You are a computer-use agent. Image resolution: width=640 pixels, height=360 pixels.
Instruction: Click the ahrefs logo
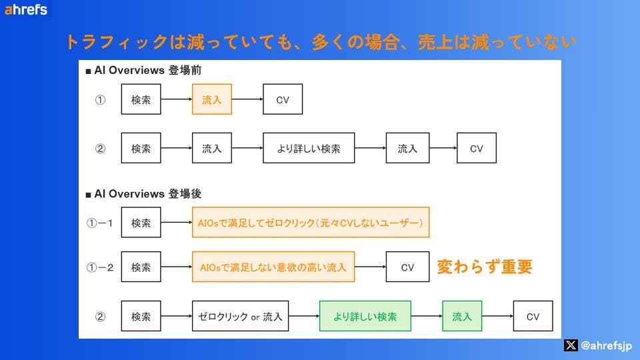[26, 10]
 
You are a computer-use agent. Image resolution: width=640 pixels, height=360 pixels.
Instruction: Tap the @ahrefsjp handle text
[607, 345]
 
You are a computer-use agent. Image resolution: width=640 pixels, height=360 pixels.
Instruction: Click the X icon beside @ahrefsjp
[570, 345]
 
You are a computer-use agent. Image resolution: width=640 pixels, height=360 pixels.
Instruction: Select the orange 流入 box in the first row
[212, 100]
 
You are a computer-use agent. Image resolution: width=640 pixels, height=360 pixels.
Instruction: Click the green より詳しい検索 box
[365, 317]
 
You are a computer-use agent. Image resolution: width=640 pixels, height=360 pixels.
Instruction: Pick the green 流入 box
[462, 317]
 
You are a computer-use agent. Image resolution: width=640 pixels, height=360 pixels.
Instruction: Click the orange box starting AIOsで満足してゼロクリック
[311, 222]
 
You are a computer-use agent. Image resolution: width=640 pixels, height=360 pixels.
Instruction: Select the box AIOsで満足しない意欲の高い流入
[273, 267]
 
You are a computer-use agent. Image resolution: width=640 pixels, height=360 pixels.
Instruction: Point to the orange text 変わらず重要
[485, 267]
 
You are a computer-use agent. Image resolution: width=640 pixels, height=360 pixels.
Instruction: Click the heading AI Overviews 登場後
[143, 194]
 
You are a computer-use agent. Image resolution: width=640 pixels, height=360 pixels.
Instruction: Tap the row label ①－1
[102, 223]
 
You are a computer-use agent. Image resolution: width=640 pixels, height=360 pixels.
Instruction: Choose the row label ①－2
[102, 268]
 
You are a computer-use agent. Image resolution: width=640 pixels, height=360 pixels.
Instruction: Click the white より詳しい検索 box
[309, 149]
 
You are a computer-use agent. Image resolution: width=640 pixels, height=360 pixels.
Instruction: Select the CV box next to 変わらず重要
[407, 267]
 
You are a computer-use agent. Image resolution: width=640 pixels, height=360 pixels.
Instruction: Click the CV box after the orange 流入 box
[283, 100]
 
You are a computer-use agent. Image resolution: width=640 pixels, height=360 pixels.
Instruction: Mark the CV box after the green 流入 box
[533, 317]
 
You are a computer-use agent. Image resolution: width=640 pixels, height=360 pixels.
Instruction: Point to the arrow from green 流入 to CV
[497, 317]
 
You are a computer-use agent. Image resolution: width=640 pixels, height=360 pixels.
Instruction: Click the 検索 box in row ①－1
[141, 222]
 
